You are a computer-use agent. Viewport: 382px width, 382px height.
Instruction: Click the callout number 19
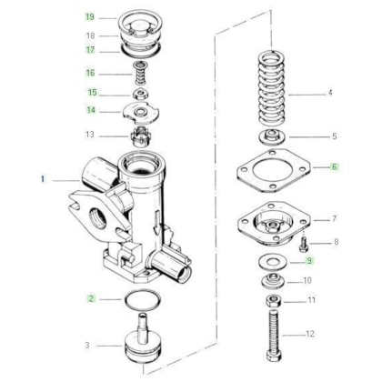pyautogui.click(x=90, y=16)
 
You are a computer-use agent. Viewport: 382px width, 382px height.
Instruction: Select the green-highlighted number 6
pyautogui.click(x=334, y=166)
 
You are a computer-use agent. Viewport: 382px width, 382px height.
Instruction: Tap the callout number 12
pyautogui.click(x=310, y=334)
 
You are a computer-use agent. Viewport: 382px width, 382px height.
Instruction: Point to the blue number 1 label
pyautogui.click(x=43, y=179)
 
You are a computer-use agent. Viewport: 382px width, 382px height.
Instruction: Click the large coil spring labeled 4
pyautogui.click(x=271, y=88)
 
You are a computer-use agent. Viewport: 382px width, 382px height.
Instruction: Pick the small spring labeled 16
pyautogui.click(x=140, y=73)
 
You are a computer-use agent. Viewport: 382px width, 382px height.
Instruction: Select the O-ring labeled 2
pyautogui.click(x=142, y=300)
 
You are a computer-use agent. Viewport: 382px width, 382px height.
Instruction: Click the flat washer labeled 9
pyautogui.click(x=273, y=262)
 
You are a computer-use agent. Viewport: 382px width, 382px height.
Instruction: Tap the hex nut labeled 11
pyautogui.click(x=274, y=301)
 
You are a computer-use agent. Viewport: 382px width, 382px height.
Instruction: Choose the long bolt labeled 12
pyautogui.click(x=274, y=336)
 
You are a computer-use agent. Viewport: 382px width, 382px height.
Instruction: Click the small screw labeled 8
pyautogui.click(x=304, y=244)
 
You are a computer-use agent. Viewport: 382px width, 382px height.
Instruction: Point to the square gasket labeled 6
pyautogui.click(x=274, y=171)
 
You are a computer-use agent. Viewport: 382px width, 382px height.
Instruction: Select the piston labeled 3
pyautogui.click(x=143, y=338)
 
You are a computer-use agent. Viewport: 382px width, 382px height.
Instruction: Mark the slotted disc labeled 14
pyautogui.click(x=141, y=113)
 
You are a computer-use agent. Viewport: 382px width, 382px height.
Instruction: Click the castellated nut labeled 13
pyautogui.click(x=141, y=136)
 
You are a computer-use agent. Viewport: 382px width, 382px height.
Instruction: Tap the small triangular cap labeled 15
pyautogui.click(x=140, y=94)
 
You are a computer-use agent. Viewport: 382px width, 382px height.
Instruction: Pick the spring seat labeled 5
pyautogui.click(x=273, y=136)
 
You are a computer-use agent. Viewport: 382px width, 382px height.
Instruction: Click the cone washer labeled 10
pyautogui.click(x=273, y=280)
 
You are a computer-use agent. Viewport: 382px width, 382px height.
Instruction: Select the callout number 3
pyautogui.click(x=87, y=345)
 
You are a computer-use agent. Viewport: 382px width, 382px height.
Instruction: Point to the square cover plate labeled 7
pyautogui.click(x=274, y=223)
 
